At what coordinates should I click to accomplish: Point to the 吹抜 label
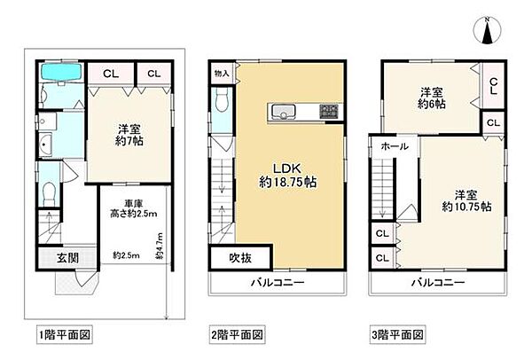click(229, 258)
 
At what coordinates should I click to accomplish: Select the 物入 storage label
click(222, 74)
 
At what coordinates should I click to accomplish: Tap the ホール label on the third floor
click(394, 145)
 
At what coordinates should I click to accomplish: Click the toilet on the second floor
click(222, 98)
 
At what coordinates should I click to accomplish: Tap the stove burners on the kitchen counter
click(327, 111)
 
